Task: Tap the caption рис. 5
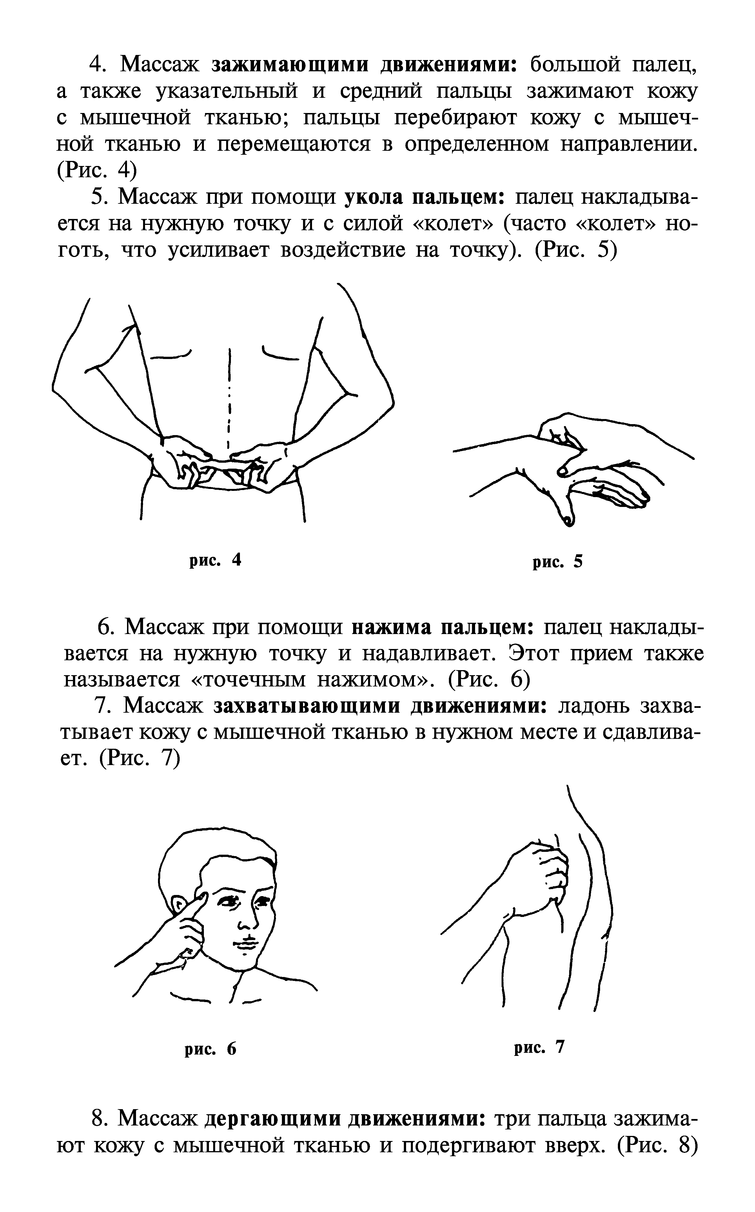point(557,562)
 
